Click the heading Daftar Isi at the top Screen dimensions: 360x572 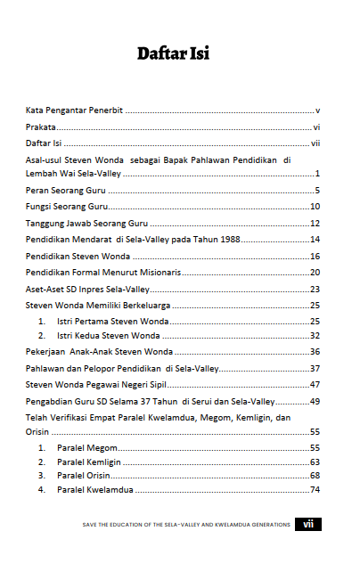[173, 54]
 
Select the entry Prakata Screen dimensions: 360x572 [40, 127]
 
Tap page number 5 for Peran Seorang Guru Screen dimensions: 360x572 [317, 191]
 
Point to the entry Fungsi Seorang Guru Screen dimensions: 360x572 [66, 207]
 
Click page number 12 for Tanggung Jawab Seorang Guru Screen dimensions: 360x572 [315, 223]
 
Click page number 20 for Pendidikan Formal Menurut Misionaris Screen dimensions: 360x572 [315, 273]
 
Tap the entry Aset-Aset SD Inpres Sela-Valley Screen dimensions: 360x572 [86, 290]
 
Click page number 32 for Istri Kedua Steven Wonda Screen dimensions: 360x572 [315, 335]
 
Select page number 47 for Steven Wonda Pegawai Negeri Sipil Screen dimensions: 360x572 [315, 384]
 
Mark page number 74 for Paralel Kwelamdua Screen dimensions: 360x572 [315, 490]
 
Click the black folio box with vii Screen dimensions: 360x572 [308, 525]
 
